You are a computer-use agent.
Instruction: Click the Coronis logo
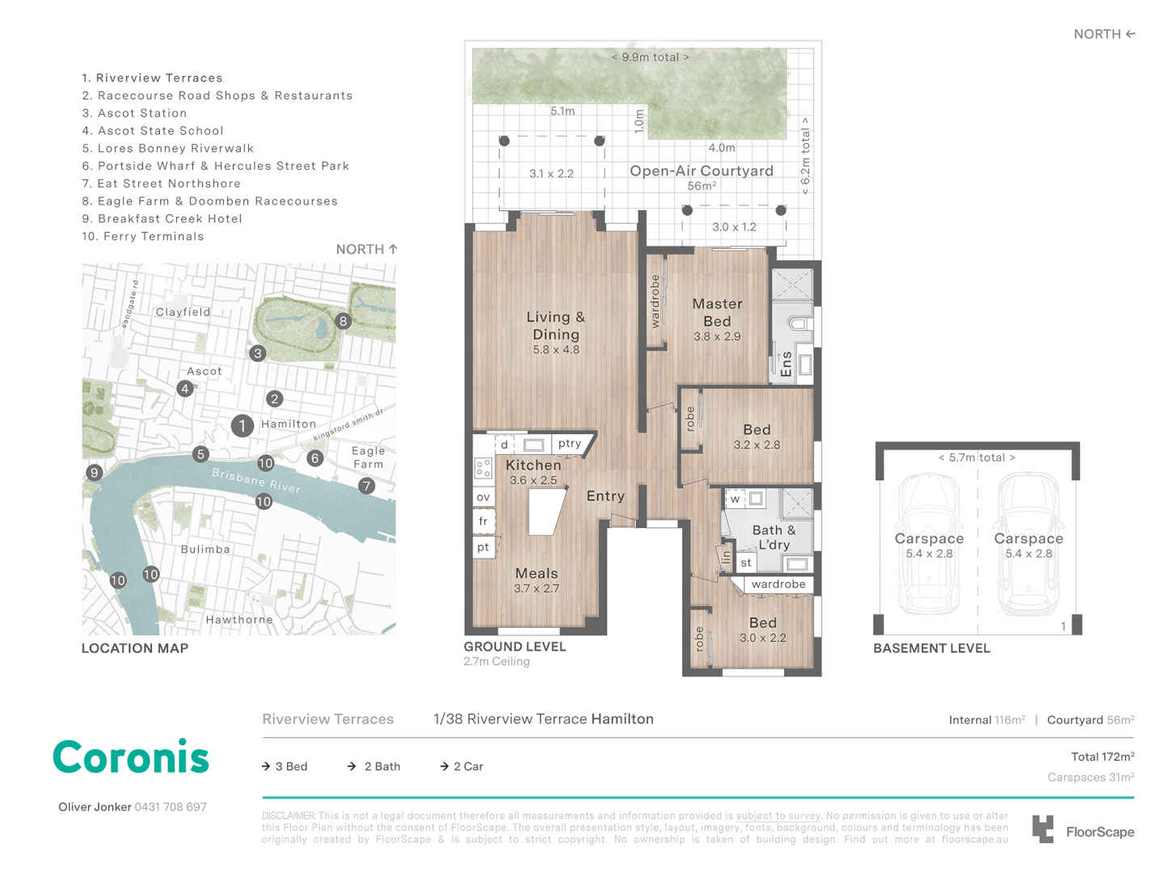pyautogui.click(x=131, y=757)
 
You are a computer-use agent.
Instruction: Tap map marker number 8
pyautogui.click(x=343, y=321)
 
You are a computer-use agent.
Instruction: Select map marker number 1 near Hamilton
pyautogui.click(x=242, y=425)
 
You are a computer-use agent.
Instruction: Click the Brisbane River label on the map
pyautogui.click(x=255, y=480)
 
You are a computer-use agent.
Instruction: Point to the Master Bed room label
pyautogui.click(x=717, y=312)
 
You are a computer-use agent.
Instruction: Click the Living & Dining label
pyautogui.click(x=555, y=326)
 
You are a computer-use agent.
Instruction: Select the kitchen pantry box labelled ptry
pyautogui.click(x=570, y=443)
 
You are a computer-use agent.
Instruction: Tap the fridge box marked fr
pyautogui.click(x=483, y=521)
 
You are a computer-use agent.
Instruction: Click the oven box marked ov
pyautogui.click(x=483, y=497)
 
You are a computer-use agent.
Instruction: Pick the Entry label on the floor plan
pyautogui.click(x=605, y=496)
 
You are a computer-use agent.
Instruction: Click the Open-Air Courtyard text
pyautogui.click(x=701, y=171)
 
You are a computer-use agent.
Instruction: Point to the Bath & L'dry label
pyautogui.click(x=774, y=537)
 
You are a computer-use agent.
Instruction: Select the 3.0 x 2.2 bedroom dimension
pyautogui.click(x=762, y=638)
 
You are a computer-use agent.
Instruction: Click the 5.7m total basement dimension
pyautogui.click(x=976, y=458)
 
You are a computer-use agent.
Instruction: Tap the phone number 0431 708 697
pyautogui.click(x=171, y=807)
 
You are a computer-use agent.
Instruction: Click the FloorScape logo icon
pyautogui.click(x=1044, y=830)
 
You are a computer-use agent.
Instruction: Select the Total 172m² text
pyautogui.click(x=1102, y=757)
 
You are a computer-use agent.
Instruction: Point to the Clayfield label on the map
pyautogui.click(x=183, y=312)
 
